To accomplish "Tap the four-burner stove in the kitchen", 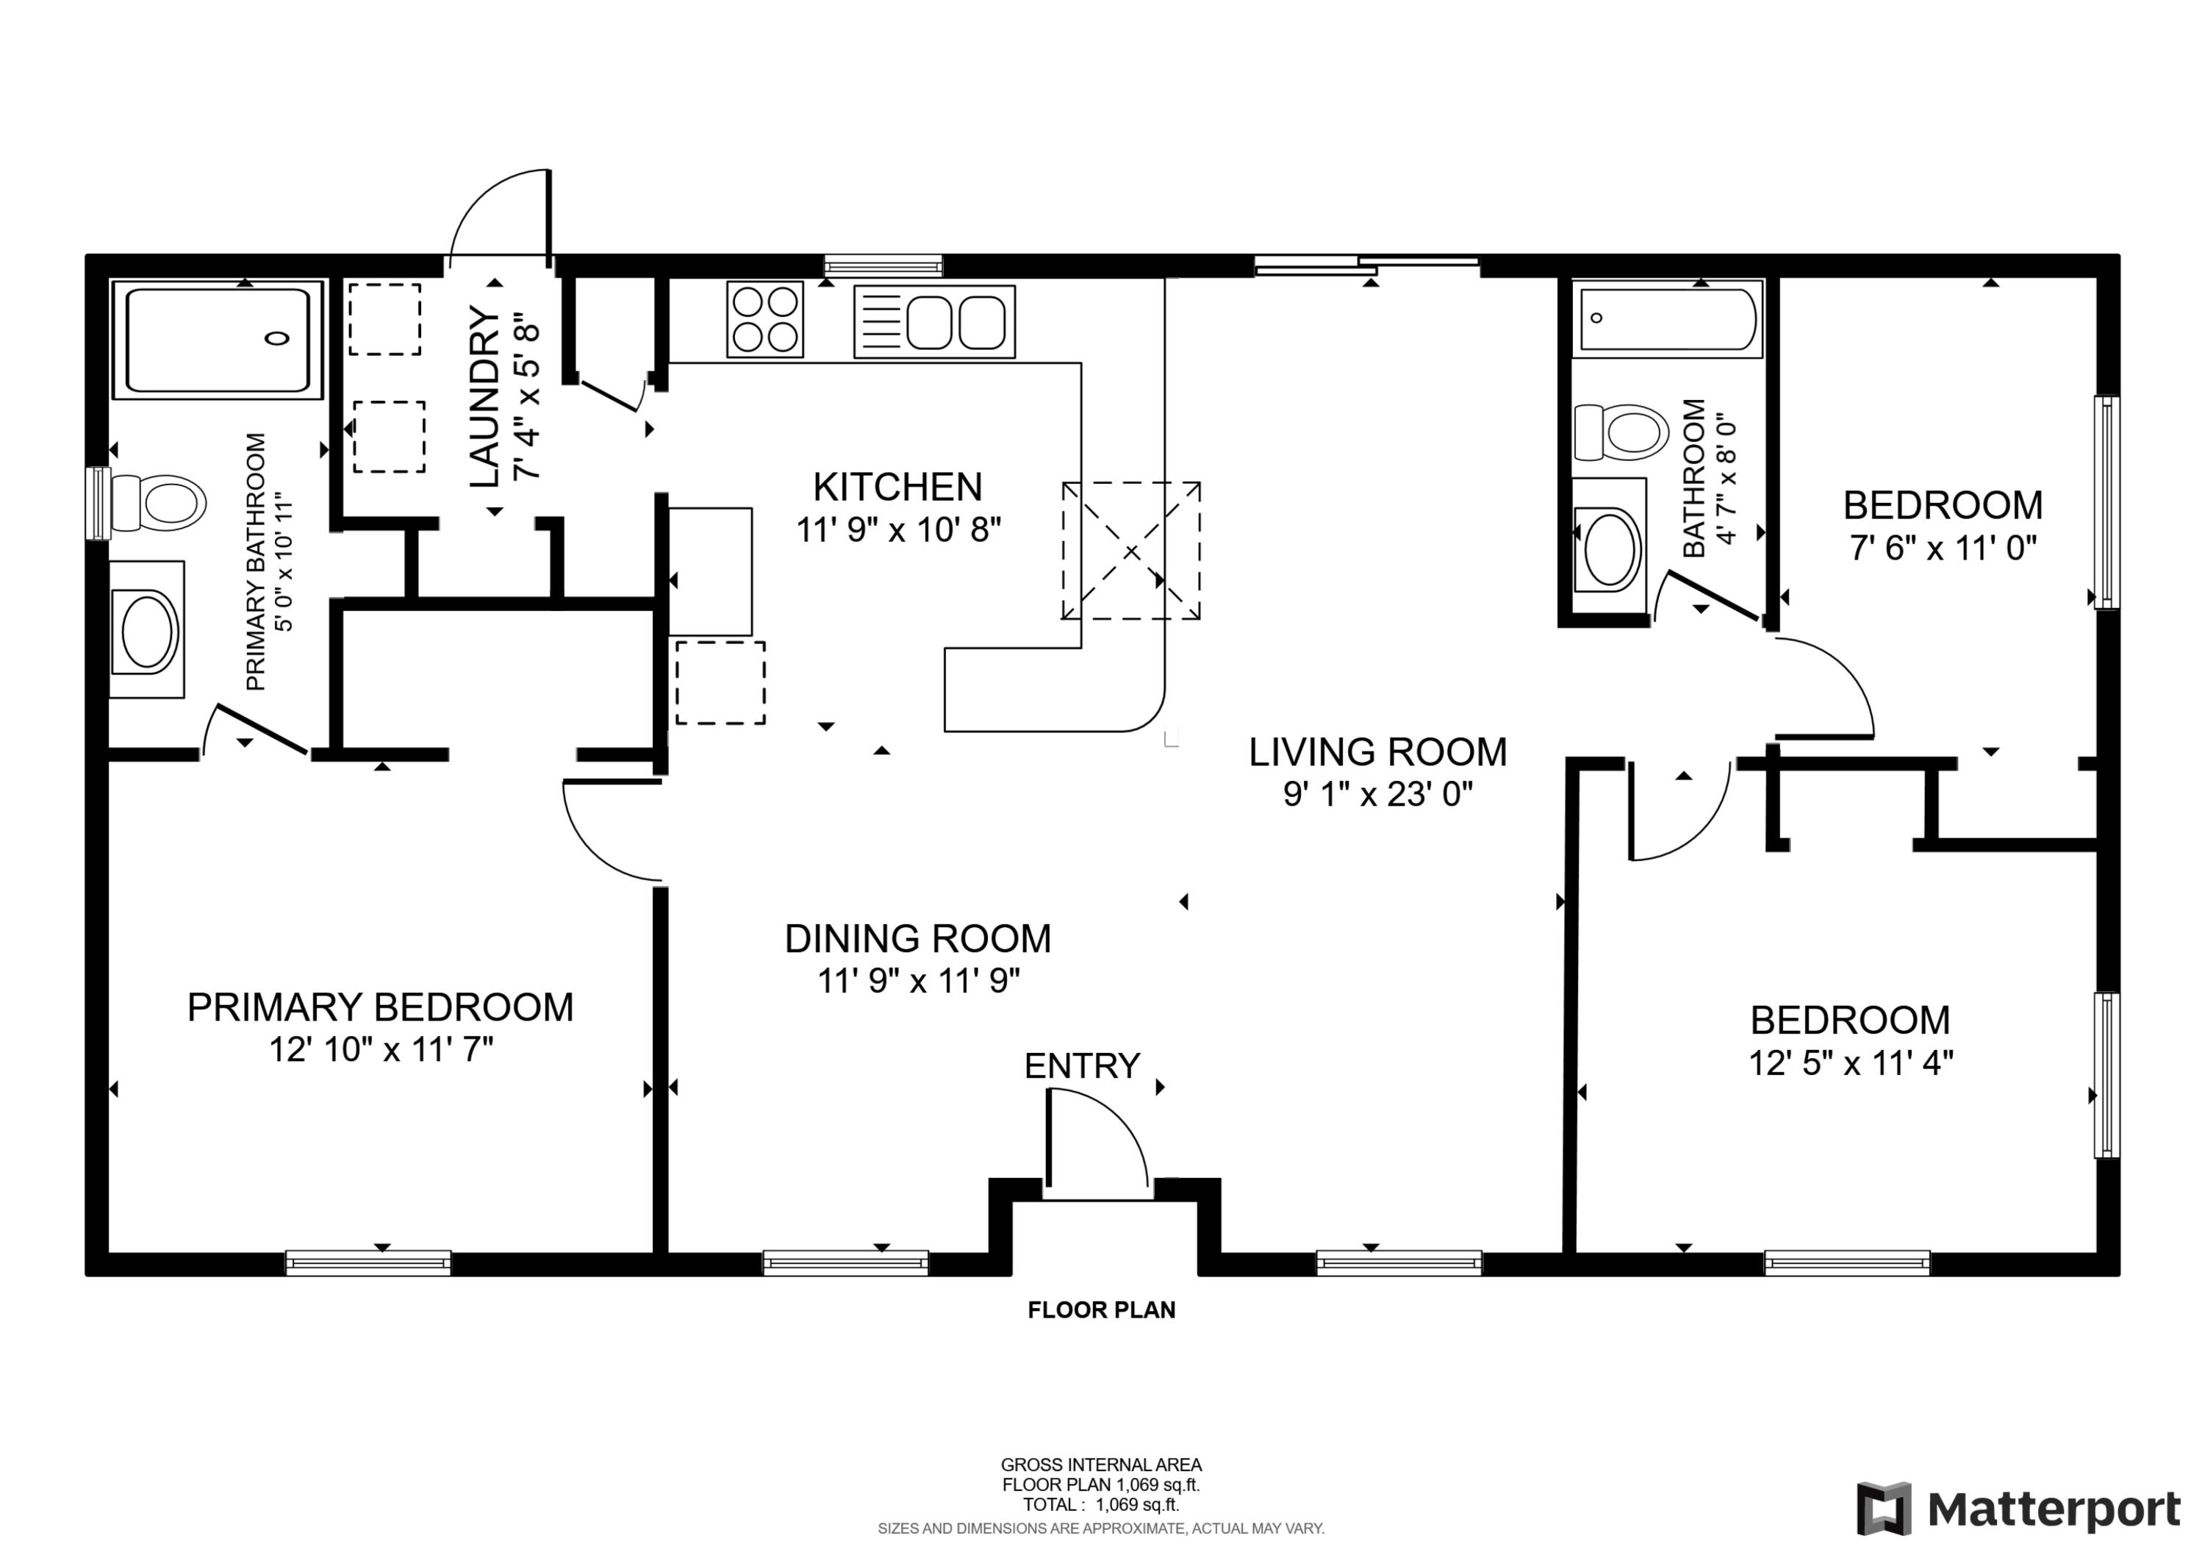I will click(764, 319).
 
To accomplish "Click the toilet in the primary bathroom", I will click(159, 502).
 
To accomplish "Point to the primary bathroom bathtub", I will click(218, 340).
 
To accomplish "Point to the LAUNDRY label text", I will click(486, 397).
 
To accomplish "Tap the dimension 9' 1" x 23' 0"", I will click(1377, 794).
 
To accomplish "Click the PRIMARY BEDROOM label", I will click(380, 1007).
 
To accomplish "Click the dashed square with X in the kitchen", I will click(1130, 551).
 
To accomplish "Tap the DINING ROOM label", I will click(917, 938).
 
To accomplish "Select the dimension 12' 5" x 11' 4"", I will click(1850, 1063).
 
